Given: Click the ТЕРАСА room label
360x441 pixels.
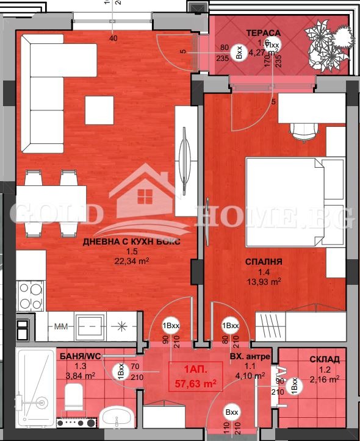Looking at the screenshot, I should (264, 32).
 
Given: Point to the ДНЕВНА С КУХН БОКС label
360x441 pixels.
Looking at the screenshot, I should (132, 242).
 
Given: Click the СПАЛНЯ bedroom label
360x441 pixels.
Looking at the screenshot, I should (263, 262).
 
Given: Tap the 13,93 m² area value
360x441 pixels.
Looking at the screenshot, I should (263, 281).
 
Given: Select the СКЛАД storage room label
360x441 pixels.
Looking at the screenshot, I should (324, 359).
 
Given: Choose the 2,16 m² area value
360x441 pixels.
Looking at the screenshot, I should (324, 379).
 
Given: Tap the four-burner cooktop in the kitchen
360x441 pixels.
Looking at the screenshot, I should (27, 294).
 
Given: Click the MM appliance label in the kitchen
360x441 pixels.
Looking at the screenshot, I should (60, 328).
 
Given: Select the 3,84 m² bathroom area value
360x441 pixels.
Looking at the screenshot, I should (80, 376).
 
